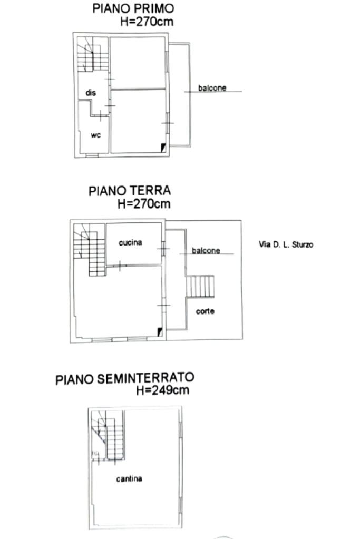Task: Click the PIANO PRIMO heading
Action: coord(133,8)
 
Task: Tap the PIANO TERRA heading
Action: coord(130,191)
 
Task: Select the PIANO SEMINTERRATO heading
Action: coord(125,378)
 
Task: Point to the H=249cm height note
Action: coord(163,390)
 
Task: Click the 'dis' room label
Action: coord(91,93)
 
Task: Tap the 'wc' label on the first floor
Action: coord(95,135)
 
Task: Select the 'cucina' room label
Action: coord(130,243)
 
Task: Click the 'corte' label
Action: coord(205,311)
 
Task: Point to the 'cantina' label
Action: coord(129,478)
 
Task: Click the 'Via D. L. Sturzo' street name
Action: coord(286,244)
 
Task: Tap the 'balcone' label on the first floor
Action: coord(212,88)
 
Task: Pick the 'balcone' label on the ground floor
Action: coord(206,251)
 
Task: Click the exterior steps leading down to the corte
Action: coord(200,286)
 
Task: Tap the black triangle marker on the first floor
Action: coord(163,148)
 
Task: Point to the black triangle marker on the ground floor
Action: coord(160,332)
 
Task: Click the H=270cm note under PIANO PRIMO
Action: coord(147,22)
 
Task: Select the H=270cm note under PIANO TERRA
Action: coord(144,204)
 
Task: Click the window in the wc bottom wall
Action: coord(92,155)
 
